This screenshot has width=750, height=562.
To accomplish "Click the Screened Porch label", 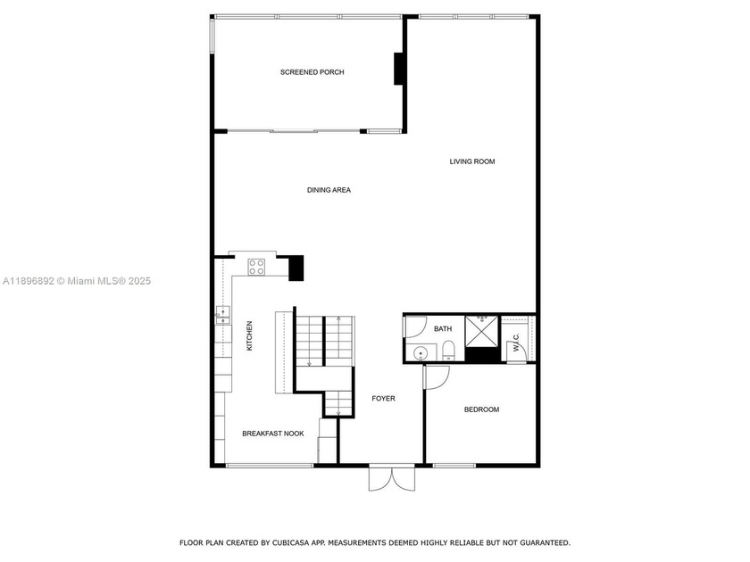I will click(312, 72).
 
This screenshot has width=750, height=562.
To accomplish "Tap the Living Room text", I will click(471, 161).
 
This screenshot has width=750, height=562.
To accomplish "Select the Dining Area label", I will click(329, 190).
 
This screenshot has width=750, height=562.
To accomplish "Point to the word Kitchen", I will click(250, 335).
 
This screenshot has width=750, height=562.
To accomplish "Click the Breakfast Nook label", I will click(273, 434).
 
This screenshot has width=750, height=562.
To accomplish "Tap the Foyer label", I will click(383, 399).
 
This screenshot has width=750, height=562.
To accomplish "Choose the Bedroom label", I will click(481, 409).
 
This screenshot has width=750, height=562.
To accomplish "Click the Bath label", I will click(443, 329).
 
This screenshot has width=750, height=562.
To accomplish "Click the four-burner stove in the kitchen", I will click(257, 265).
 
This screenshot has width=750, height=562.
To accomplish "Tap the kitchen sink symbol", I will click(222, 313).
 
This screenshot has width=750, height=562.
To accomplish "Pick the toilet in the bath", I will click(448, 349).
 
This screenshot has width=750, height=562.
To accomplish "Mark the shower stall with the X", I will click(482, 331).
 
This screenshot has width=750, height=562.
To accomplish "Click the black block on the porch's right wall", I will click(398, 69).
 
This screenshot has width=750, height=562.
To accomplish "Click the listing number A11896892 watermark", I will click(29, 282).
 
